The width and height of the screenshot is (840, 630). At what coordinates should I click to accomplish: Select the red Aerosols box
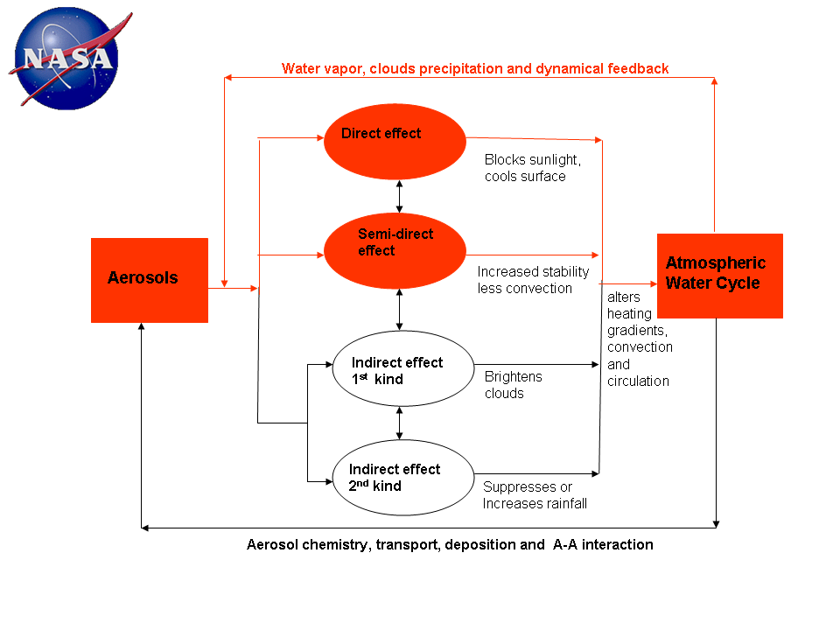click(150, 280)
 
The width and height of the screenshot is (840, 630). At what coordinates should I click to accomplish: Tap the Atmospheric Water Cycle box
click(719, 275)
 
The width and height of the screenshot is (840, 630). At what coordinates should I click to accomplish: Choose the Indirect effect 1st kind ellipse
click(402, 368)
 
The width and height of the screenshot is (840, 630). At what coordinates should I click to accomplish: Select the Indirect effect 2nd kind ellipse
click(402, 477)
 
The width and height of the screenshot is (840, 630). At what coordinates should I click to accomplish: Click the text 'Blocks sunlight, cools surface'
click(532, 168)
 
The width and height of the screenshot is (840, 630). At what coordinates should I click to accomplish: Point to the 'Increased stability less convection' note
click(533, 280)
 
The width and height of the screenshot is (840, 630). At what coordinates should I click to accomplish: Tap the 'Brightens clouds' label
click(514, 385)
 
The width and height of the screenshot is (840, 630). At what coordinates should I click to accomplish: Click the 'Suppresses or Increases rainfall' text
click(535, 495)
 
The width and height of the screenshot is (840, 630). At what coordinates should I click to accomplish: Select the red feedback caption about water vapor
click(475, 68)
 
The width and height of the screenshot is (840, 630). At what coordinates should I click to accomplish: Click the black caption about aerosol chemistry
click(450, 544)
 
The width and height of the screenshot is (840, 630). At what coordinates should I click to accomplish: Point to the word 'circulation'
click(638, 381)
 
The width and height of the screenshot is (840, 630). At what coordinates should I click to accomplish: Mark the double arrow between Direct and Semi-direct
click(400, 196)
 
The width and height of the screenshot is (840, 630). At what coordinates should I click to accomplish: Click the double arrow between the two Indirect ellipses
click(400, 423)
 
